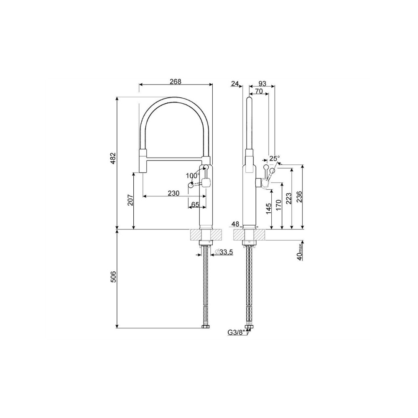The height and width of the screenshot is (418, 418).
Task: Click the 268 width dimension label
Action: (176, 82)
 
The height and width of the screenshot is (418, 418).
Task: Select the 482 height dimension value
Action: (114, 158)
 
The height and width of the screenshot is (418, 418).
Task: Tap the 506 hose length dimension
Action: (114, 277)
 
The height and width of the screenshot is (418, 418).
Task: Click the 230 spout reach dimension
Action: (173, 193)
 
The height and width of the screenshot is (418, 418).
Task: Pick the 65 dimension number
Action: (195, 204)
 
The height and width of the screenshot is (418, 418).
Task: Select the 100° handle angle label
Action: (193, 176)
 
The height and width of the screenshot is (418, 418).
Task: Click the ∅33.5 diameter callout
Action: (224, 251)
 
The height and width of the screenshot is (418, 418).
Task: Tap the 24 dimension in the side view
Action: (235, 84)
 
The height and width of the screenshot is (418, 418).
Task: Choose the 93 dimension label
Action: (262, 84)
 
